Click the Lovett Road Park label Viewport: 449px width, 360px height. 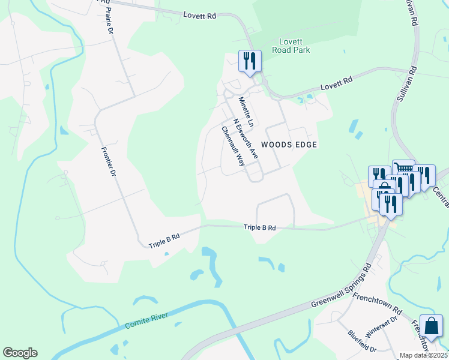click(x=294, y=46)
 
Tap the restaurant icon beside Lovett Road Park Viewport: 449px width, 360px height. click(x=249, y=60)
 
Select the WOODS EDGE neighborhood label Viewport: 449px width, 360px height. click(x=288, y=145)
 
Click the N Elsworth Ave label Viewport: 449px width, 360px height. click(x=246, y=137)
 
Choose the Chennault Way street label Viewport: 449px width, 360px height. click(x=233, y=146)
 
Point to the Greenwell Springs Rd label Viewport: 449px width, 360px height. click(x=342, y=285)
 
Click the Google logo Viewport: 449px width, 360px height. click(x=20, y=353)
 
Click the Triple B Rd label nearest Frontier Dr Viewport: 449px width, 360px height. click(x=164, y=238)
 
